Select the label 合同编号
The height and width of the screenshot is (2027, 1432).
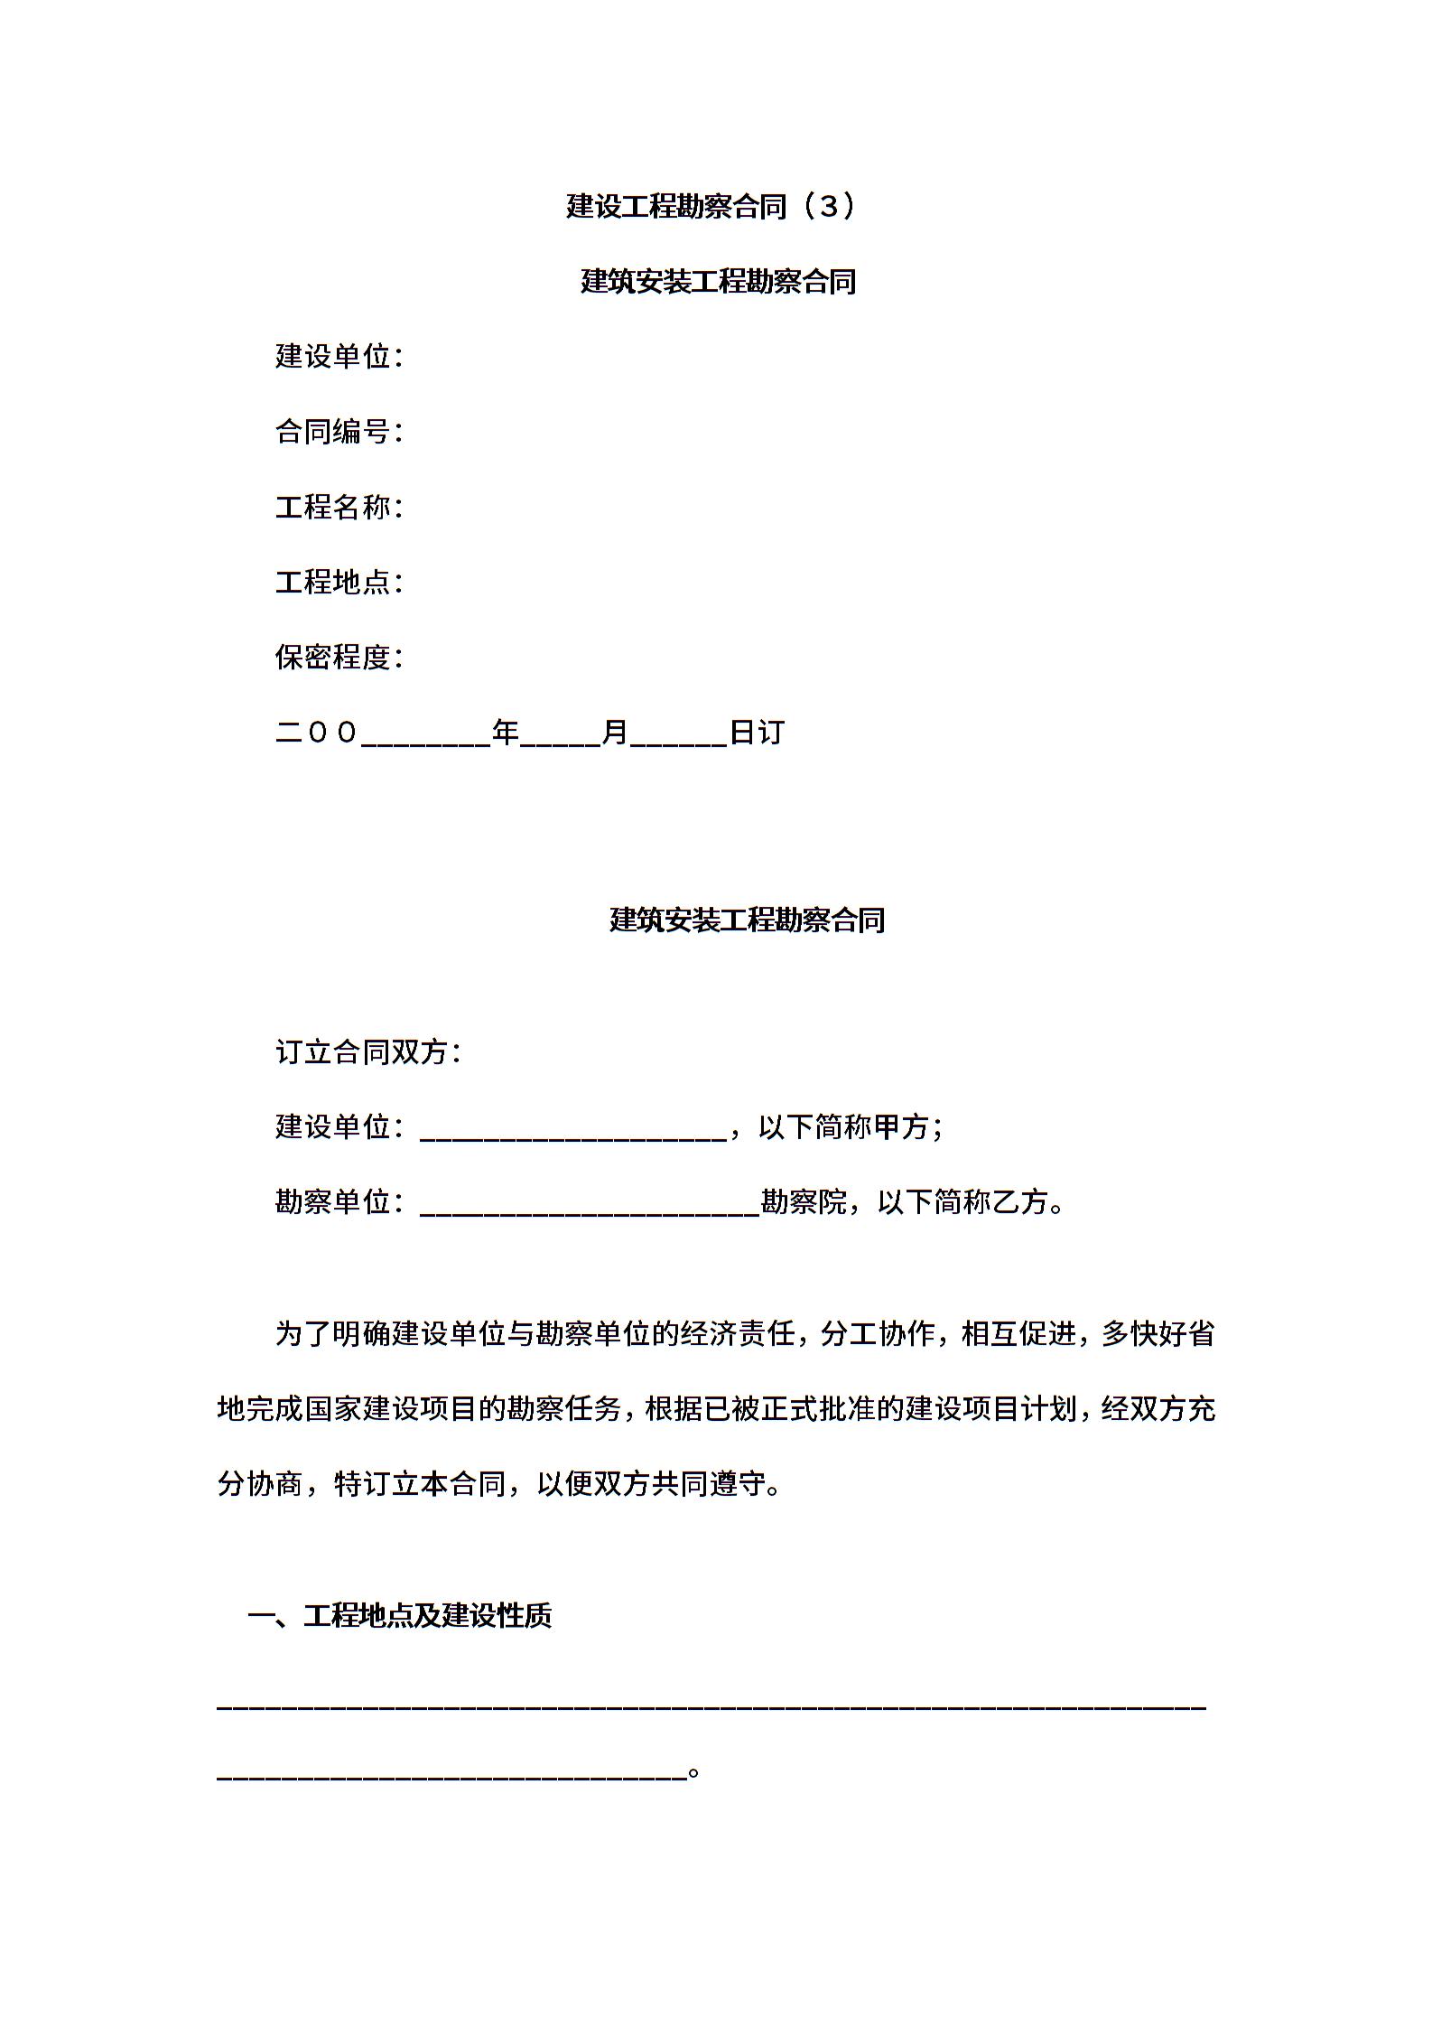tap(333, 432)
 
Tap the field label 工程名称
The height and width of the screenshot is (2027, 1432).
tap(333, 507)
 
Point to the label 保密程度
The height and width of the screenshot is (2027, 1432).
tap(333, 657)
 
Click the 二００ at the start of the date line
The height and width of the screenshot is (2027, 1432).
tap(317, 733)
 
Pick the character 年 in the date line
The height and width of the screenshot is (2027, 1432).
tap(506, 733)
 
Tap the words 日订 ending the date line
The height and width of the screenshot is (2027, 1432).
tap(757, 733)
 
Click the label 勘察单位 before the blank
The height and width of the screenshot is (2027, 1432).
tap(333, 1201)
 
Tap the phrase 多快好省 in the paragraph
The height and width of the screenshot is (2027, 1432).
tap(1158, 1334)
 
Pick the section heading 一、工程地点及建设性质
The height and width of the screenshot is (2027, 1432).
tap(399, 1616)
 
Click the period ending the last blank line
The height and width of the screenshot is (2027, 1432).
tap(693, 1770)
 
